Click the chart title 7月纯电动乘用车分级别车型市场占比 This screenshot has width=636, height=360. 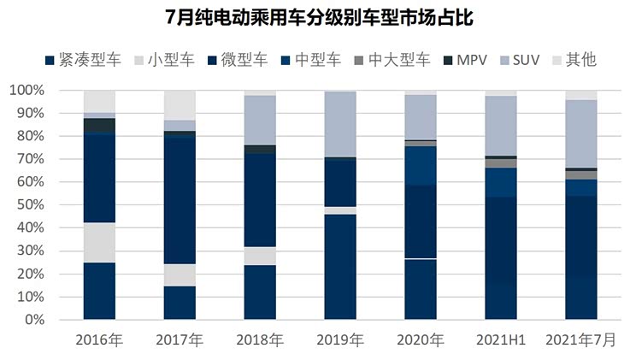[318, 17]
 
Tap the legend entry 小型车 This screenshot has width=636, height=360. [165, 60]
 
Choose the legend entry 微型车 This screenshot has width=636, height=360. [238, 60]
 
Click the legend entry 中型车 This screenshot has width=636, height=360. [310, 60]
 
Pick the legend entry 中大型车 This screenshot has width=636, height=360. [390, 60]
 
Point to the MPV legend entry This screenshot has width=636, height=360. [466, 60]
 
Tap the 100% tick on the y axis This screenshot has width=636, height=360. [29, 90]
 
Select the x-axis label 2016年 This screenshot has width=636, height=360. [99, 339]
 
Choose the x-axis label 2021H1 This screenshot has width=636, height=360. [501, 339]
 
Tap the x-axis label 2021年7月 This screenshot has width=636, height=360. [581, 339]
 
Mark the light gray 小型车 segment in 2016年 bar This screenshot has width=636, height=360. [99, 242]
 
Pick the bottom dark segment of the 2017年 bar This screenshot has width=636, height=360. [180, 303]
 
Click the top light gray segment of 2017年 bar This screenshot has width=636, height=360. [180, 104]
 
